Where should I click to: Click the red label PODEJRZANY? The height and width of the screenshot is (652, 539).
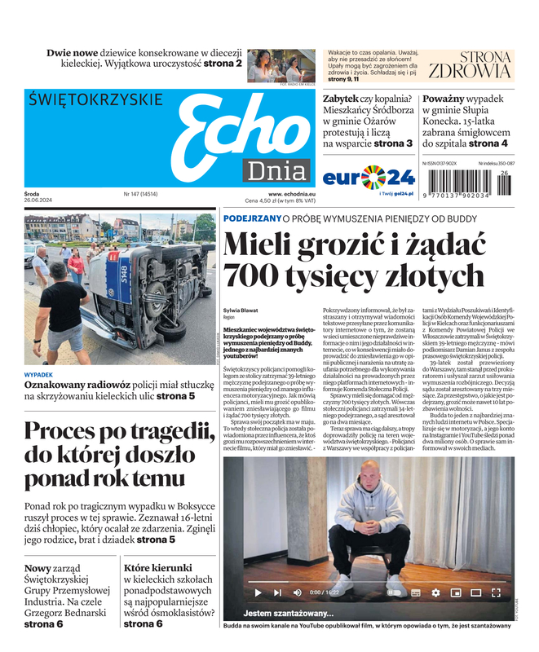pyautogui.click(x=251, y=218)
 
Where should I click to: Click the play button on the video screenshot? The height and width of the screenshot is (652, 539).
pyautogui.click(x=258, y=593)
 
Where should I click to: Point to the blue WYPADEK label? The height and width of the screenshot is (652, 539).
pyautogui.click(x=39, y=375)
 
